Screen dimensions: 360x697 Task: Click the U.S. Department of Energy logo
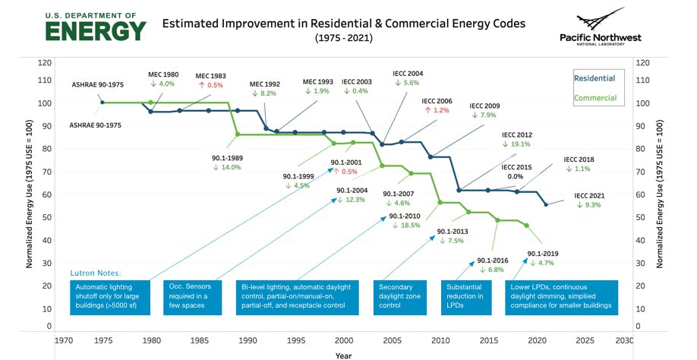pos(95,26)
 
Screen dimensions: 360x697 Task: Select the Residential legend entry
pos(594,78)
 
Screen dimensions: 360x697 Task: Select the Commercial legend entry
pos(594,98)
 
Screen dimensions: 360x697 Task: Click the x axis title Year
pos(343,354)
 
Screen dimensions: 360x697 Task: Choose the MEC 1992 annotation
pos(264,88)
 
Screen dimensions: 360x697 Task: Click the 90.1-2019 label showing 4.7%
pos(543,257)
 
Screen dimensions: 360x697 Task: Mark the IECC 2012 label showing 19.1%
pos(516,139)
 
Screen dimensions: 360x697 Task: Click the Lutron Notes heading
pos(96,272)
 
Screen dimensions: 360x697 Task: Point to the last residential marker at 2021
pos(545,204)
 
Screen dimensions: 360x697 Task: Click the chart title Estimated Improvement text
pos(343,24)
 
